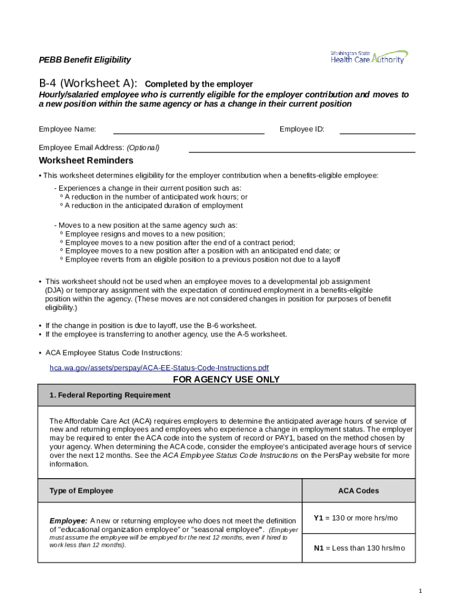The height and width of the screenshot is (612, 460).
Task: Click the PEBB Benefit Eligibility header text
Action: (x=85, y=60)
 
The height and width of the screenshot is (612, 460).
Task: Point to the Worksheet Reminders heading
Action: (x=86, y=161)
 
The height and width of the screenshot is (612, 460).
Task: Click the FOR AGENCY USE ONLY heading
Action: (x=226, y=380)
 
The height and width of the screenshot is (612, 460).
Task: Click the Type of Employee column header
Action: (x=81, y=491)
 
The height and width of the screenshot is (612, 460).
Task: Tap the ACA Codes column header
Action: (x=358, y=491)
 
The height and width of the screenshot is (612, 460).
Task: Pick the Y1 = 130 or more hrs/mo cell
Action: (x=355, y=518)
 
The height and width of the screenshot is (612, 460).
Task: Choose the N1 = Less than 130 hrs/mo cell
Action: (x=359, y=548)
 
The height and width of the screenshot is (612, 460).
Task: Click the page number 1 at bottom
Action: (x=421, y=591)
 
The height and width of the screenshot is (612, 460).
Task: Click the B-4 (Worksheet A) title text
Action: (x=88, y=84)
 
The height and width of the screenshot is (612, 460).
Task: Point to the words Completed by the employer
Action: (x=199, y=84)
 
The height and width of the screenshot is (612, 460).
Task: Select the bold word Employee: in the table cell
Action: (x=68, y=521)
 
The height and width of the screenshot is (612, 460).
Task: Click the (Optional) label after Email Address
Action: (x=143, y=148)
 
